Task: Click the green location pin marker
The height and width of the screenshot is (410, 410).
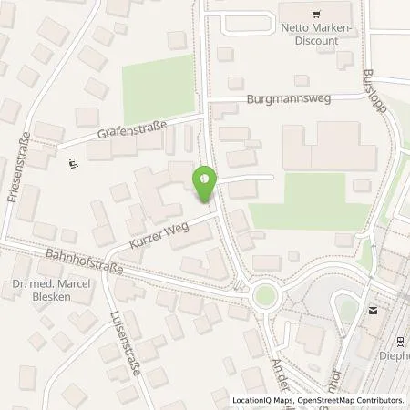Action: coord(205,185)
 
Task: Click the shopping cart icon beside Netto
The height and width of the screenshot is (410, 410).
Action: coord(315,14)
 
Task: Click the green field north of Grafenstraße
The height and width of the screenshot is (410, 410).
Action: coord(159,81)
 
